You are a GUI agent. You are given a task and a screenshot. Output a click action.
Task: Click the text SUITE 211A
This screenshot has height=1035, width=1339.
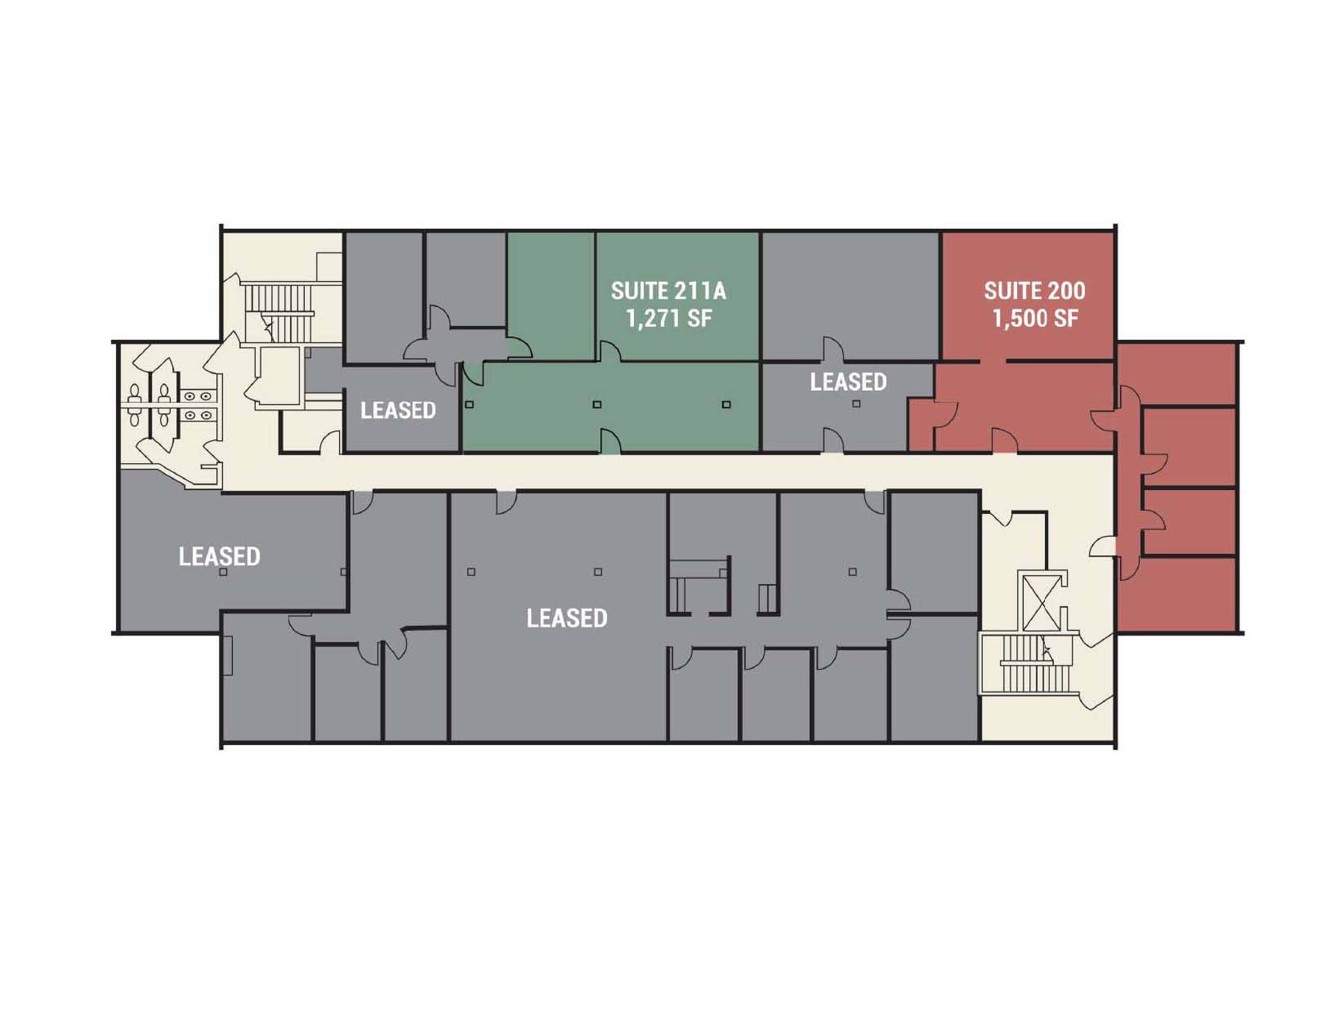[668, 291]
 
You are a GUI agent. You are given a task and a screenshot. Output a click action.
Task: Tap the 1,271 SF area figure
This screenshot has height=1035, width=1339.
[668, 318]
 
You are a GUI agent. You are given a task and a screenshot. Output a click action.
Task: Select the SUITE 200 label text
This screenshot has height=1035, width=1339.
[1034, 291]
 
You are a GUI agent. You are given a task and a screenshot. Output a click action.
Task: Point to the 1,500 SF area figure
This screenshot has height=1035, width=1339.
[1035, 318]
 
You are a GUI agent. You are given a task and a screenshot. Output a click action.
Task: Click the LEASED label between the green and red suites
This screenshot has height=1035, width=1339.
[848, 382]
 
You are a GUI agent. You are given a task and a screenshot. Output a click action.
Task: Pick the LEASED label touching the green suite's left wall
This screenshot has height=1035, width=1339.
[398, 410]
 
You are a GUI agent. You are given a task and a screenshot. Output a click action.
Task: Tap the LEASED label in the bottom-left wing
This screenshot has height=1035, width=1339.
[219, 556]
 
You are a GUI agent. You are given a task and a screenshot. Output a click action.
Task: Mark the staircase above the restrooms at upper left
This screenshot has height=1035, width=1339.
[279, 313]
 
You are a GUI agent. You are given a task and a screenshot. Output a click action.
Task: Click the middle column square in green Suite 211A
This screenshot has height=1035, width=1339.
[597, 405]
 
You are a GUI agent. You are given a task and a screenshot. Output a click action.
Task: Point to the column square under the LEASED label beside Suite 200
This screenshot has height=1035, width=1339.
[856, 404]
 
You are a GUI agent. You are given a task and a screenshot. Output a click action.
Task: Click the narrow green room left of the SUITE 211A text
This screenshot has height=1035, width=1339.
[550, 294]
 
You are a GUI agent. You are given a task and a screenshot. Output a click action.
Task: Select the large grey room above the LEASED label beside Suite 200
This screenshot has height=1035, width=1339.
[850, 295]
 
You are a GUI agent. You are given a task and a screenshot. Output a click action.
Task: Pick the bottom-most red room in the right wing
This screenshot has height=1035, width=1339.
[1176, 593]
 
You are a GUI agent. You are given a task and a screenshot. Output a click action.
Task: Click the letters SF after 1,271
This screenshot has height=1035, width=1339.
[698, 318]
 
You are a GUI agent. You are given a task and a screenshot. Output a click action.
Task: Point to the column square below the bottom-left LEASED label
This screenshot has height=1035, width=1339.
[223, 572]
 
